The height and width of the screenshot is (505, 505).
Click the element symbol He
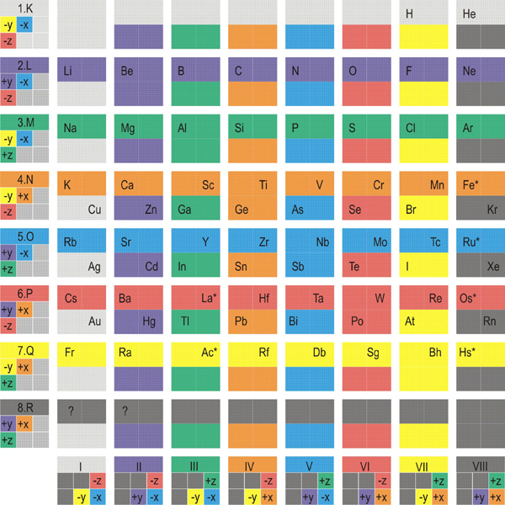(470, 14)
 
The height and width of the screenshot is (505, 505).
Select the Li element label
(68, 72)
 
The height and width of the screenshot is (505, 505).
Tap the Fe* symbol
(470, 185)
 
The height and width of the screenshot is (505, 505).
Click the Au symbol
(95, 322)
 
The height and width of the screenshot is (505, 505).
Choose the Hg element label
(151, 322)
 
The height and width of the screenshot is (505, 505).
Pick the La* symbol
(208, 298)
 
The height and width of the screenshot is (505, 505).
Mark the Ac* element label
(208, 354)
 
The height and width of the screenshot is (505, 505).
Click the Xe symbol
(493, 265)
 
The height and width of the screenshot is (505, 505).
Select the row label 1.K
(25, 10)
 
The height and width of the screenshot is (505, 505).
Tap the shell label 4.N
(25, 180)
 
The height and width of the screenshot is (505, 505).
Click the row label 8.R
(25, 407)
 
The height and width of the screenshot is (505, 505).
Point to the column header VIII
(480, 463)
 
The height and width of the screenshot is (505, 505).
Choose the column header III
(195, 463)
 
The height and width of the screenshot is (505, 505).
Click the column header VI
(366, 463)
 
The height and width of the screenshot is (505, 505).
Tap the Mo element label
(380, 242)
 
